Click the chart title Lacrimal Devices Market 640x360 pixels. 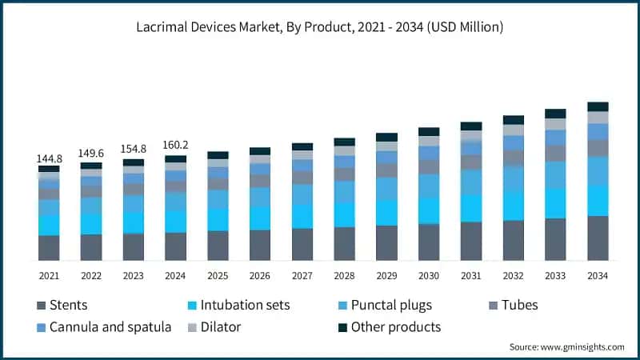320,27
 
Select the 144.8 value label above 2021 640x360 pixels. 49,159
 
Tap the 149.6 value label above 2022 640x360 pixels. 91,155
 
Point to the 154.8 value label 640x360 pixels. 134,151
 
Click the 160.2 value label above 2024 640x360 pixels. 175,146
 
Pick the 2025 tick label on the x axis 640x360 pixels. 218,275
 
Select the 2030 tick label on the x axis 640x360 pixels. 429,275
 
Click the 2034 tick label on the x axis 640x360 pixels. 598,275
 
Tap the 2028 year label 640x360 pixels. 344,275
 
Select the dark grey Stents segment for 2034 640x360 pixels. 598,238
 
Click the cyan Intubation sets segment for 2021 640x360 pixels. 49,225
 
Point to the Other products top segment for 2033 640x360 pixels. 555,114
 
